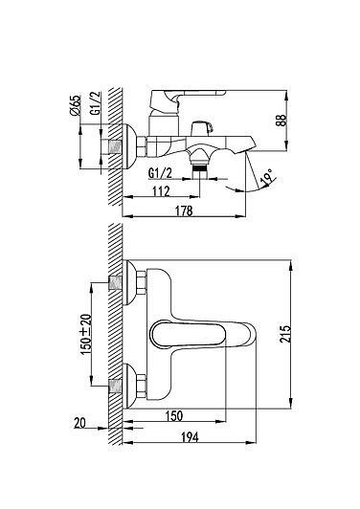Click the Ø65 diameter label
click(x=75, y=104)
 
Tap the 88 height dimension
click(x=282, y=121)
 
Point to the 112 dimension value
click(x=161, y=191)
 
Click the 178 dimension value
click(x=184, y=210)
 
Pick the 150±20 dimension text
click(x=86, y=334)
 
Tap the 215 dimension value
click(x=285, y=334)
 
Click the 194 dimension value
click(x=190, y=437)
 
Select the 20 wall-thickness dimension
click(x=79, y=423)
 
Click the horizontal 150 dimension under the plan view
click(x=174, y=415)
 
